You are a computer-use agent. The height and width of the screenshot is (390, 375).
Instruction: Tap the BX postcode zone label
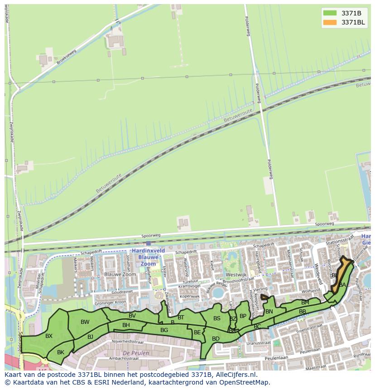coord(49,336)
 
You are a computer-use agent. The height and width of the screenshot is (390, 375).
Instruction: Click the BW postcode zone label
coord(85,322)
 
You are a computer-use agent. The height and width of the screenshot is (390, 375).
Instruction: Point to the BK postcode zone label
coord(61,352)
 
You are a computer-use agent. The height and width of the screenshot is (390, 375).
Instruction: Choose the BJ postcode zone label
coord(90,337)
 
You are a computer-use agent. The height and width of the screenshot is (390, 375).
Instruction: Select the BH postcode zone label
coord(126,325)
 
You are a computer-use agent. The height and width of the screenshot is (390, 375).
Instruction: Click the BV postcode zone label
coord(132,316)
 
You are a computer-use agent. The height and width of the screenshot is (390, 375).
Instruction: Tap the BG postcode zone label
coord(164,330)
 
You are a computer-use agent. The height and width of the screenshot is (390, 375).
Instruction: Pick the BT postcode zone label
coord(181,318)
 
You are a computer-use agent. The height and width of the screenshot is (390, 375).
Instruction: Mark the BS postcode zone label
coord(217,318)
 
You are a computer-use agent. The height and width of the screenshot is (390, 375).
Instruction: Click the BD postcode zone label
coord(216,339)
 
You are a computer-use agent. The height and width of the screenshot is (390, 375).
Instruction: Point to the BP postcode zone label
coord(243,316)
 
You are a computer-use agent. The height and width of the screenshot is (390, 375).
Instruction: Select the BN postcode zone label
coord(269,312)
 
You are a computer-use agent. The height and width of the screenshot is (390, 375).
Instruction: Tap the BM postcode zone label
coord(305,303)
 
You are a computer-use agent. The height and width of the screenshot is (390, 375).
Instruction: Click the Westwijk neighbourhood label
coord(236,274)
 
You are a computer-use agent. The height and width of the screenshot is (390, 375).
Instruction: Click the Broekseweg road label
coord(67,56)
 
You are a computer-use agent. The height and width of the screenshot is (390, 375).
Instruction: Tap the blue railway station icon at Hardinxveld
coord(148,243)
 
